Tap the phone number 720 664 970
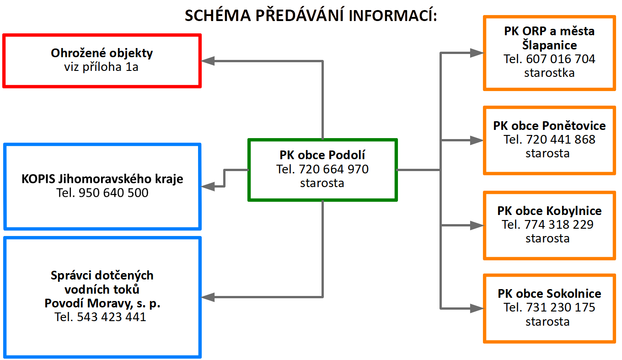tap(333, 169)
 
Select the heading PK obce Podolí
tap(322, 155)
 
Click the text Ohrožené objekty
tap(102, 53)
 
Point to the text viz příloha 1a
tap(101, 67)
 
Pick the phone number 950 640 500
tap(113, 193)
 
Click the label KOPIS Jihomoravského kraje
tap(102, 179)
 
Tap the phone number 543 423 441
tap(111, 317)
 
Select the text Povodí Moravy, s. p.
tap(102, 303)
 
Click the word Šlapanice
tap(549, 45)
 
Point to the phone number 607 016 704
tap(560, 59)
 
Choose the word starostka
tap(549, 73)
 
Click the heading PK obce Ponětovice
tap(549, 126)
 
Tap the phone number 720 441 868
tap(560, 140)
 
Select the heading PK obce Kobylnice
tap(549, 211)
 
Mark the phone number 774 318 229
tap(559, 225)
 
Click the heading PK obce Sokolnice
tap(549, 294)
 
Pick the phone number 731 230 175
tap(560, 307)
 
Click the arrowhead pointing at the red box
tap(208, 61)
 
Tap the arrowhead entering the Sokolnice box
tap(477, 308)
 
